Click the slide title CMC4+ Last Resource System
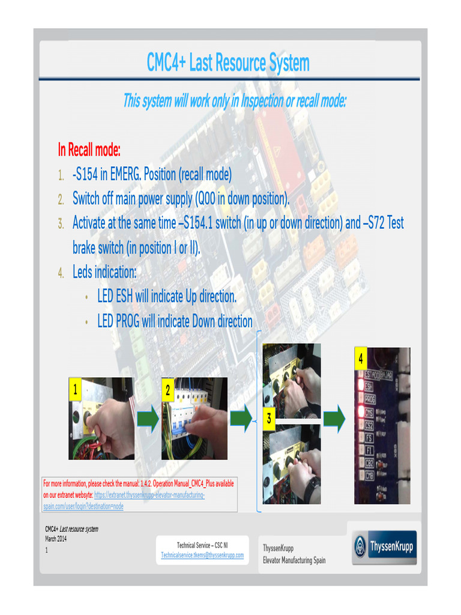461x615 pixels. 228,63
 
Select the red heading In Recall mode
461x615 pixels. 89,149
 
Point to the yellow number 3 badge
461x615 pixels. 270,419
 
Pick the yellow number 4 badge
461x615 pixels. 360,359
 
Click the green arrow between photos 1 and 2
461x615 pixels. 148,419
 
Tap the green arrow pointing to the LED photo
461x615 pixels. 334,419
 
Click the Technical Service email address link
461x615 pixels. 202,555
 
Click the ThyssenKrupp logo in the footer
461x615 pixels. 384,547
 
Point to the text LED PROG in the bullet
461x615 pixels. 119,321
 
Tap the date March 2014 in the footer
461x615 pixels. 56,539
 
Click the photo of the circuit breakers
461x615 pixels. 194,418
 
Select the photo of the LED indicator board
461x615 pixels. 382,425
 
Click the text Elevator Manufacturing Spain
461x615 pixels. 294,560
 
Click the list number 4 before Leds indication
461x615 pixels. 61,273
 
